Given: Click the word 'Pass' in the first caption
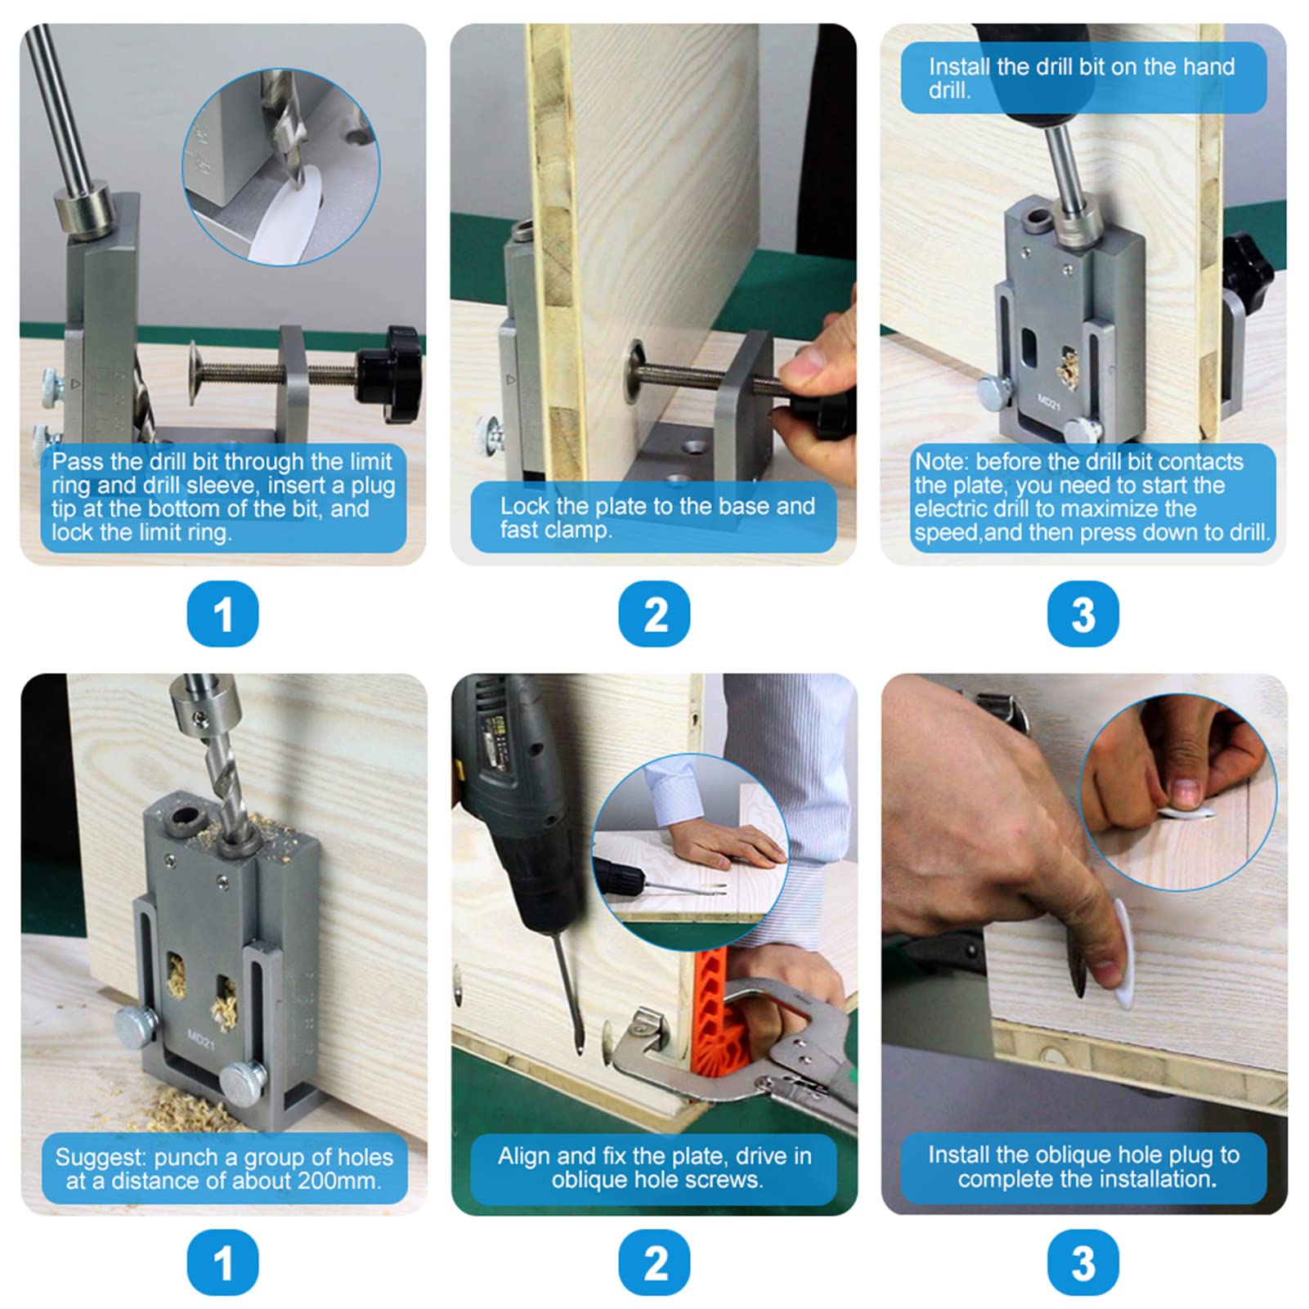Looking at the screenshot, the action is tap(77, 461).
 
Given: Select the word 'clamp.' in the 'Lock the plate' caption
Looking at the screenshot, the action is tap(581, 531).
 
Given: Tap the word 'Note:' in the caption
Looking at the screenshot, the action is tap(941, 461).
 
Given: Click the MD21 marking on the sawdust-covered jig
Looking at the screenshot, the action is tap(200, 1039).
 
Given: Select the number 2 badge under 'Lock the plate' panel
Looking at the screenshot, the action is tap(654, 614).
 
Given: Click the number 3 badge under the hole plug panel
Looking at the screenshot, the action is tap(1083, 1263).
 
